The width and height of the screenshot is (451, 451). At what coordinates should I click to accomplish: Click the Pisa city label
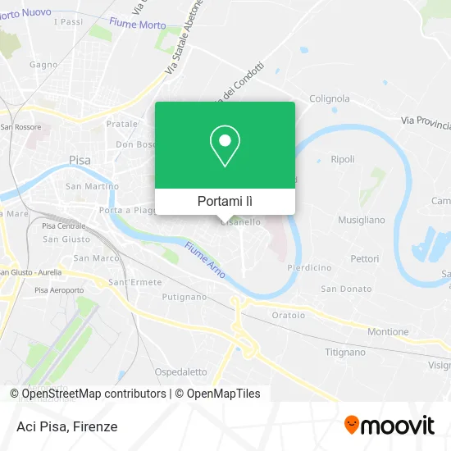pyautogui.click(x=80, y=160)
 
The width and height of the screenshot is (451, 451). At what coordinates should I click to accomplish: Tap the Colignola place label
pyautogui.click(x=329, y=98)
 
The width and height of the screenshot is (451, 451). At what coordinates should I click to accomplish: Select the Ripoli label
pyautogui.click(x=343, y=159)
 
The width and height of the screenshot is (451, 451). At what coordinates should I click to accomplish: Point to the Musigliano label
pyautogui.click(x=362, y=220)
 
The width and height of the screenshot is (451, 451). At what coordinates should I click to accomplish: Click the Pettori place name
pyautogui.click(x=365, y=258)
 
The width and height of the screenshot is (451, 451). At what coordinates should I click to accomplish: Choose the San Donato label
pyautogui.click(x=346, y=289)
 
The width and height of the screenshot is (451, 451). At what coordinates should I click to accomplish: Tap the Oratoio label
pyautogui.click(x=289, y=315)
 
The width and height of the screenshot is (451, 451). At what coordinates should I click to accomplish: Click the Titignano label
pyautogui.click(x=345, y=352)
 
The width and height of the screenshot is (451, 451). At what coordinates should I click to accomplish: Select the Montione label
pyautogui.click(x=388, y=331)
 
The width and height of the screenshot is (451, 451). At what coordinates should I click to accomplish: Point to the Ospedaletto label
pyautogui.click(x=181, y=371)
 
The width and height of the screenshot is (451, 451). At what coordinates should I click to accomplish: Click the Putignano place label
pyautogui.click(x=184, y=297)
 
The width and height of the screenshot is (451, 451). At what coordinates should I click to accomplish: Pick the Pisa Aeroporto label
pyautogui.click(x=55, y=290)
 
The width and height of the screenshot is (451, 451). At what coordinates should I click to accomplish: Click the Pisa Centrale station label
pyautogui.click(x=64, y=225)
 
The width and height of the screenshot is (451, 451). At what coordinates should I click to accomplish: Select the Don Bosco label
pyautogui.click(x=135, y=144)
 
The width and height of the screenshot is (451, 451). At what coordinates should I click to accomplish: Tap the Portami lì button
pyautogui.click(x=225, y=201)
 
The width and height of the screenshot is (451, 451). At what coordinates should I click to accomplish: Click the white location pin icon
pyautogui.click(x=225, y=145)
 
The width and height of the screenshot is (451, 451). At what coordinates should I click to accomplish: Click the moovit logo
pyautogui.click(x=389, y=425)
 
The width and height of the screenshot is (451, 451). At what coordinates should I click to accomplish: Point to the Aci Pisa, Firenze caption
pyautogui.click(x=66, y=426)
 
